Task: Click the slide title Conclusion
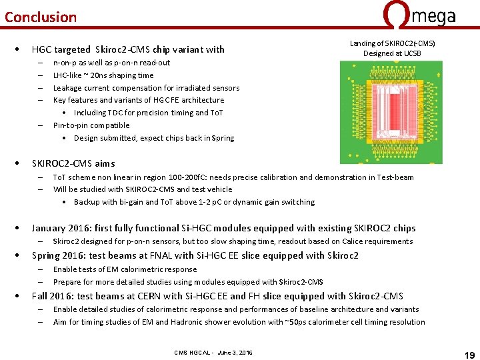coord(41,17)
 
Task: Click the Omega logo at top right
coord(419,14)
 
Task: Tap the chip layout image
coord(391,112)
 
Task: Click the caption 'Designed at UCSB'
coord(392,53)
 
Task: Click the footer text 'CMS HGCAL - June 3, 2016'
coord(213,352)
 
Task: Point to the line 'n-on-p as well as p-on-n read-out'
coord(111,63)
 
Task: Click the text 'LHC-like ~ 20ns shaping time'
coord(103,75)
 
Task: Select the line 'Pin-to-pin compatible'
coord(91,125)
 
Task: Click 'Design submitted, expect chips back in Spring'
coord(154,138)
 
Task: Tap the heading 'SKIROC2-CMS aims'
coord(73,163)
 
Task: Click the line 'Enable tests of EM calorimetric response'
coord(125,269)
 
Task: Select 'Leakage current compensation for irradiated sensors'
coord(146,88)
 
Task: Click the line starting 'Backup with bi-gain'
coord(194,202)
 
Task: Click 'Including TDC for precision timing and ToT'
coord(148,113)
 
